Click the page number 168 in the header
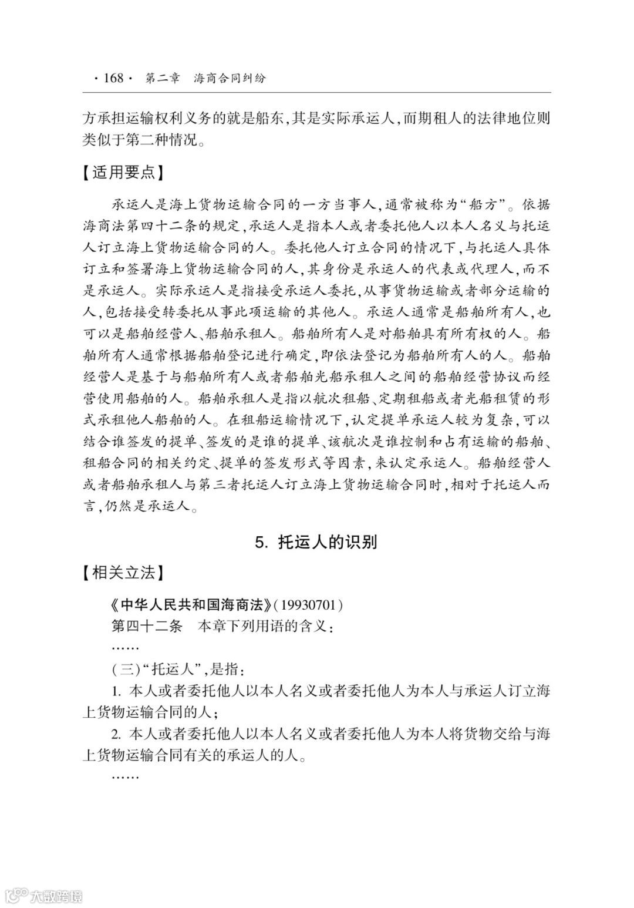[113, 78]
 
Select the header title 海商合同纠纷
[230, 78]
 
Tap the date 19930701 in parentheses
[308, 604]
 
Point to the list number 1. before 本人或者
[117, 691]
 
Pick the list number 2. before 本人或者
[117, 734]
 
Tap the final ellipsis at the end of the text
[124, 776]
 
